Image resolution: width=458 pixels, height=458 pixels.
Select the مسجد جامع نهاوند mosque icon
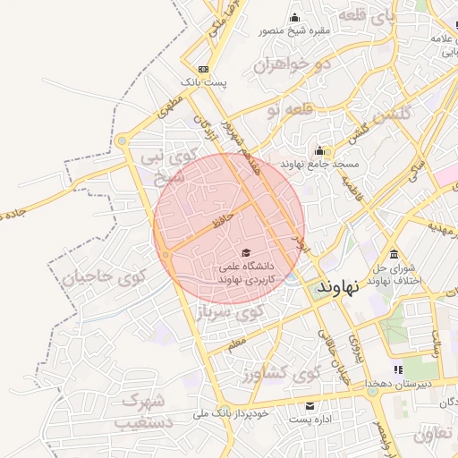319,150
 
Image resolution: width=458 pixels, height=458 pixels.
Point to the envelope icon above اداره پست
310,405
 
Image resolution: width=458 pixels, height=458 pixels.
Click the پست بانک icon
204,69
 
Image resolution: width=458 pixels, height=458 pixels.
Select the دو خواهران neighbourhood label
292,64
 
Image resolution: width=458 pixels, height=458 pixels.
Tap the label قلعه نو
291,109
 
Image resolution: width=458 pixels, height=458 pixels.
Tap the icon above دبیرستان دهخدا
398,369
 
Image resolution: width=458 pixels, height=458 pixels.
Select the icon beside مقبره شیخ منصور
296,17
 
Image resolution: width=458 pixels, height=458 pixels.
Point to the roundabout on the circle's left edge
166,256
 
